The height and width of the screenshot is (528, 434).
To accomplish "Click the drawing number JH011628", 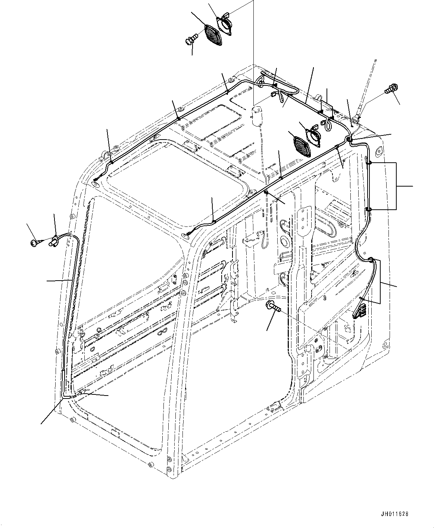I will (x=395, y=514).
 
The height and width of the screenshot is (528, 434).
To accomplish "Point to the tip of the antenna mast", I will (x=375, y=60).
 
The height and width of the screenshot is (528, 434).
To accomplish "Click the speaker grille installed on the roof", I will (x=301, y=147).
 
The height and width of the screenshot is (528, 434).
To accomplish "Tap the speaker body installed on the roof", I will (x=313, y=136).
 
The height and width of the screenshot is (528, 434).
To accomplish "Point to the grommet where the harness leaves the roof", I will (x=349, y=139).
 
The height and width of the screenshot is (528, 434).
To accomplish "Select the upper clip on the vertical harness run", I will (x=368, y=163).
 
